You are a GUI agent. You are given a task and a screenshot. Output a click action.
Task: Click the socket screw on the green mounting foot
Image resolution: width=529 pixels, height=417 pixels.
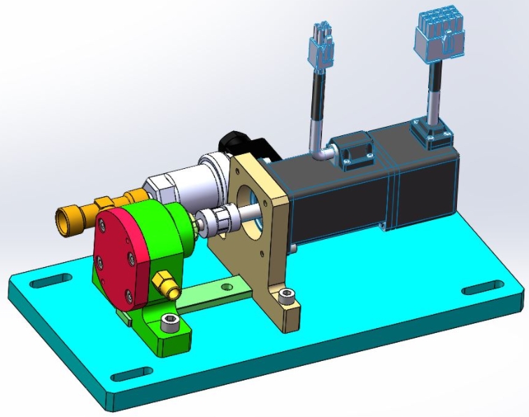pos(169,322)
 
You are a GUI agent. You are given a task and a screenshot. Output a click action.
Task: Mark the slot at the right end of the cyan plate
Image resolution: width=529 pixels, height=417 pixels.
pos(482,287)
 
